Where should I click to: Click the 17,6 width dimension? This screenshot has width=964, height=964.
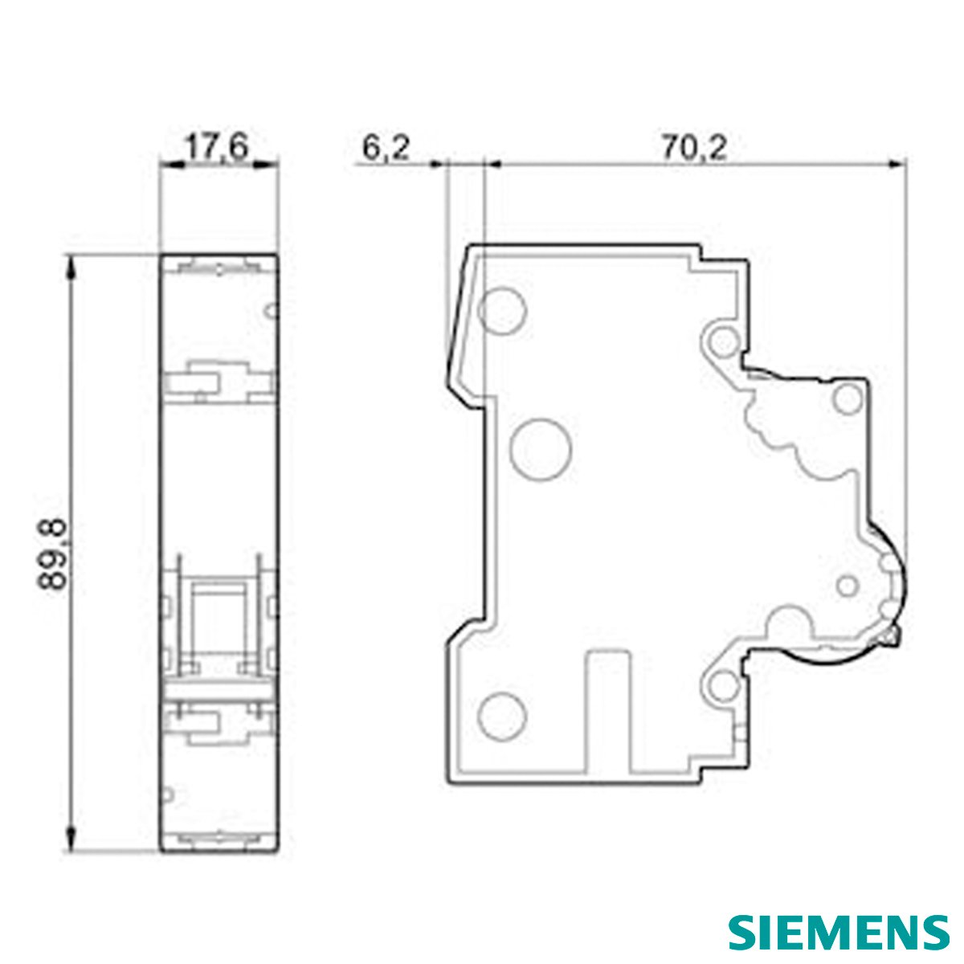tap(216, 148)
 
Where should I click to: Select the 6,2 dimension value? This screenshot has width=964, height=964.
tap(386, 148)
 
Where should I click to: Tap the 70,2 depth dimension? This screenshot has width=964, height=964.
tap(694, 148)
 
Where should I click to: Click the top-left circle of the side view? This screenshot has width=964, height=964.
tap(502, 310)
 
